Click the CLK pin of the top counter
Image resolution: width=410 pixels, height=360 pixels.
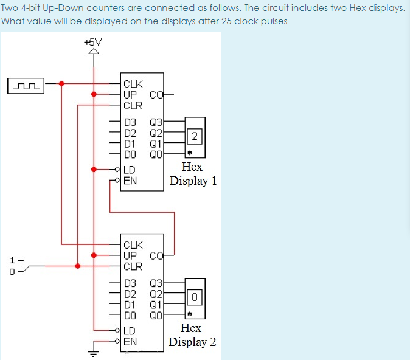132,85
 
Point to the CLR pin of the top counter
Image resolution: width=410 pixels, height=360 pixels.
132,105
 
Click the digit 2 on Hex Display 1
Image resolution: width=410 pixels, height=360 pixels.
194,135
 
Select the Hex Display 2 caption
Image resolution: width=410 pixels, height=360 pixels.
192,335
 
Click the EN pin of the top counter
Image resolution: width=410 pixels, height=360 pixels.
130,181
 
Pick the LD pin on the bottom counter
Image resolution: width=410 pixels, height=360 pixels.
130,331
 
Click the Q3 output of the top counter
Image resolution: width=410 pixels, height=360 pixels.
156,122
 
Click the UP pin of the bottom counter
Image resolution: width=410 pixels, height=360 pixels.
130,255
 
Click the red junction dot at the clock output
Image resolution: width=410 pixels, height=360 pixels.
62,84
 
